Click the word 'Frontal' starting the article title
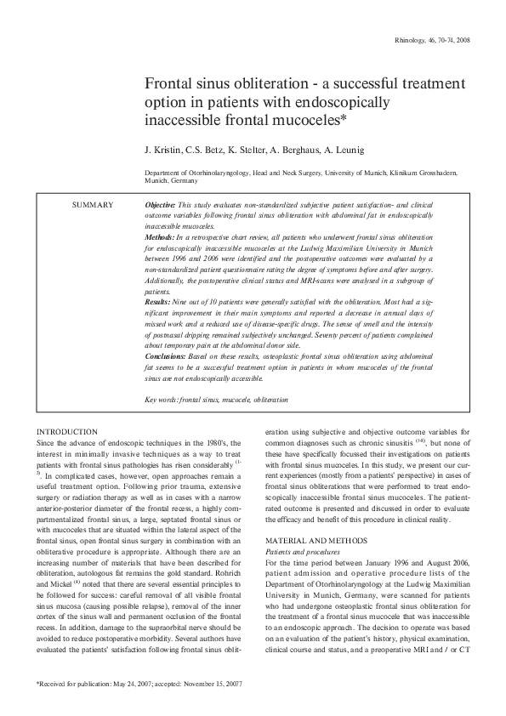168,85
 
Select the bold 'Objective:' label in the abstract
161,206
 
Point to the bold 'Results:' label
158,302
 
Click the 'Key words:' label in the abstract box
161,400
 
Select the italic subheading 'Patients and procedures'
304,552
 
